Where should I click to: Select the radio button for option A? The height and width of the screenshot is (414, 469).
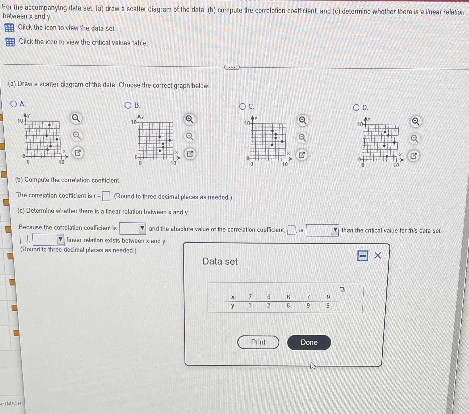click(x=14, y=104)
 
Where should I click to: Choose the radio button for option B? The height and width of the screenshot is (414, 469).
click(x=128, y=106)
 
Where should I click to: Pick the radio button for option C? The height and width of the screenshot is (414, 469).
click(x=242, y=107)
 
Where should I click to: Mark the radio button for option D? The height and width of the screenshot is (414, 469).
click(x=356, y=108)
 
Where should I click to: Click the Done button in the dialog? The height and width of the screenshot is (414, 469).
click(x=309, y=342)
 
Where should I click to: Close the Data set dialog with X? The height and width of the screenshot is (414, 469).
click(x=378, y=256)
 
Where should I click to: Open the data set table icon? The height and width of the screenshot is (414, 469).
click(x=9, y=28)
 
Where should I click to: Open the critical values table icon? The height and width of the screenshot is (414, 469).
click(x=10, y=42)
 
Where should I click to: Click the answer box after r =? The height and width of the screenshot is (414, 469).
click(x=106, y=196)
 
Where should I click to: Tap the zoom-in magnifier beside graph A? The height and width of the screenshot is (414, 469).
click(x=76, y=118)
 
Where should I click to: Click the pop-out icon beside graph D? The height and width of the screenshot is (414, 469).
click(x=413, y=156)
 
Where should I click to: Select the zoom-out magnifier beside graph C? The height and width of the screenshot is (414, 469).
click(x=302, y=138)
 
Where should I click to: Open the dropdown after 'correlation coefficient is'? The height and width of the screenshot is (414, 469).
click(x=133, y=228)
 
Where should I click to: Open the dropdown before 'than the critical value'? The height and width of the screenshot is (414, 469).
click(x=322, y=230)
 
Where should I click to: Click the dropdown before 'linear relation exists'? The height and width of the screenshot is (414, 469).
click(x=49, y=240)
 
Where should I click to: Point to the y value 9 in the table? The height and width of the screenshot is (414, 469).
click(x=308, y=306)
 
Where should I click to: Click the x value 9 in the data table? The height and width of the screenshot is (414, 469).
click(x=328, y=297)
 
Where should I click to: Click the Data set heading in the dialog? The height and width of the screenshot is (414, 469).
click(x=220, y=262)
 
